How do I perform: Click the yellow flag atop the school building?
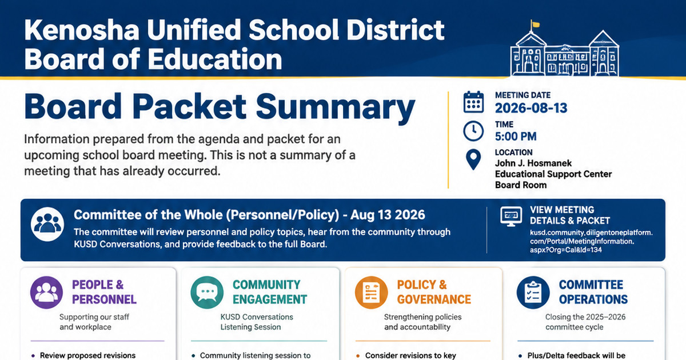[535, 24]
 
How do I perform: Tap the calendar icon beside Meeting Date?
[473, 102]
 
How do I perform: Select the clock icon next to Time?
[473, 131]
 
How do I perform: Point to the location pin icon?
[473, 159]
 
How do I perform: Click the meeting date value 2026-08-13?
[531, 108]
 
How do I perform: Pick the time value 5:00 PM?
[516, 137]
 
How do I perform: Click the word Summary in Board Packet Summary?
[336, 107]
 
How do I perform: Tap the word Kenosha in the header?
[82, 30]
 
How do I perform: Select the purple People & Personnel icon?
[46, 293]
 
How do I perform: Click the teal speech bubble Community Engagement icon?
[207, 293]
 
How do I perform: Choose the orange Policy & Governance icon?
[371, 293]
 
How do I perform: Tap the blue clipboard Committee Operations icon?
[533, 293]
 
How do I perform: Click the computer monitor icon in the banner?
[511, 217]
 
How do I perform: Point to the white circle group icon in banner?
[47, 224]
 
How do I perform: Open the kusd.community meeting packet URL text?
[591, 241]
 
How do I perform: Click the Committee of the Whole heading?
[249, 215]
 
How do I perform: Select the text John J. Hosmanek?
[533, 163]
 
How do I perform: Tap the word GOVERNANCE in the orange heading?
[434, 299]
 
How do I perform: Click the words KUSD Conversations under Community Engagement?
[257, 317]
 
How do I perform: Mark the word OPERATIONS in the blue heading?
[593, 299]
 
